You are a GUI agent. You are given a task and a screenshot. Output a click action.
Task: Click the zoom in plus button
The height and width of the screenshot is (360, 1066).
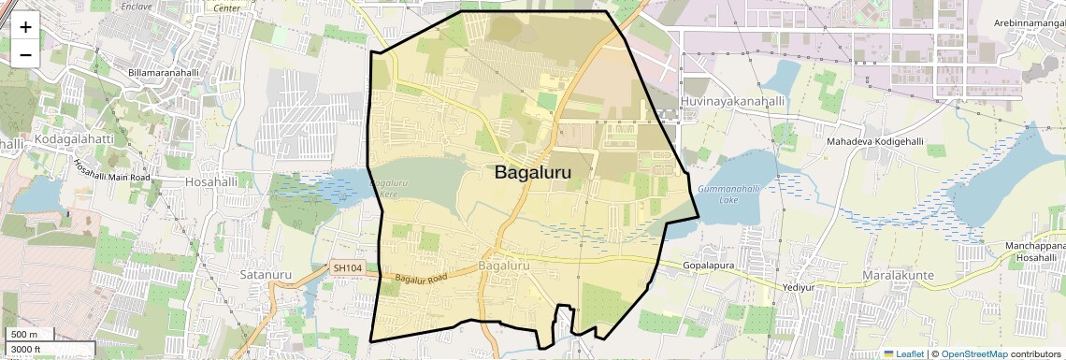pos(25,26)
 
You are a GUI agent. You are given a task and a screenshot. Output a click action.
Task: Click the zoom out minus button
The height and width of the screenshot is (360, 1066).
pos(25,54)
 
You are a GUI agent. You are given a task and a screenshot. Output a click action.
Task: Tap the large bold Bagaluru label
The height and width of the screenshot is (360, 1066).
pos(532,173)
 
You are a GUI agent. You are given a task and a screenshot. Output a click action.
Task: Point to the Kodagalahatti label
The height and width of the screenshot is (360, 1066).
pos(74,139)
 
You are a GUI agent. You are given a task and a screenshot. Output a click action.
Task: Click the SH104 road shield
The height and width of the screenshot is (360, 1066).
pos(347,268)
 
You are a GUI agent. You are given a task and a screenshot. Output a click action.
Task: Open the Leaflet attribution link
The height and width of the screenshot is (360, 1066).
pos(903,353)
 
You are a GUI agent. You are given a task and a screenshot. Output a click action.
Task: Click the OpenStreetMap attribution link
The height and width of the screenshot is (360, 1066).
pos(973,353)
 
